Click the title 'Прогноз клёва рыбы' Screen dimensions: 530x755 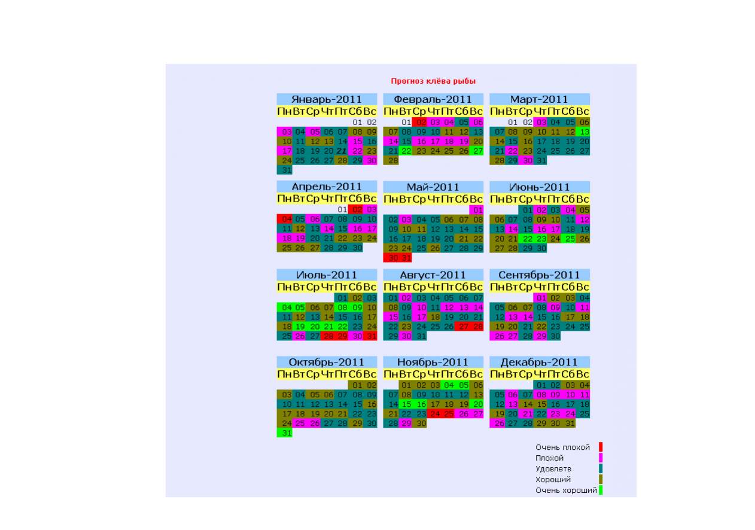433,81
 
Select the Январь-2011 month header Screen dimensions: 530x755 327,99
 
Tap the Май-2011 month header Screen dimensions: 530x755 433,187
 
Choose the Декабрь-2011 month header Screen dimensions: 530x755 540,362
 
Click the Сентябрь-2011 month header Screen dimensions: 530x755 540,275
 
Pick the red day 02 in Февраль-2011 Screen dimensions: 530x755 420,122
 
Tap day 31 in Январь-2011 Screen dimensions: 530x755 284,170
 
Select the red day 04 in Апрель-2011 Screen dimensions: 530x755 284,219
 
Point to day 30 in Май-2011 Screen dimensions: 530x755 391,258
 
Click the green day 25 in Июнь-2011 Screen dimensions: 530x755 569,239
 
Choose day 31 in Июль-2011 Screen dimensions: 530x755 370,336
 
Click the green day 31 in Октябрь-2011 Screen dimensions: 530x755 284,433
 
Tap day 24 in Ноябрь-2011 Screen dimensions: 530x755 434,414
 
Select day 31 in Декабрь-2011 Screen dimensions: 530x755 569,424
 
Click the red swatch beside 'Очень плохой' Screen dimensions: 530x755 601,447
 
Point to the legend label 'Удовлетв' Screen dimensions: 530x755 553,469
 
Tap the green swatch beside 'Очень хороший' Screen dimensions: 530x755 601,490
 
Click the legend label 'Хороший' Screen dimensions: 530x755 553,479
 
